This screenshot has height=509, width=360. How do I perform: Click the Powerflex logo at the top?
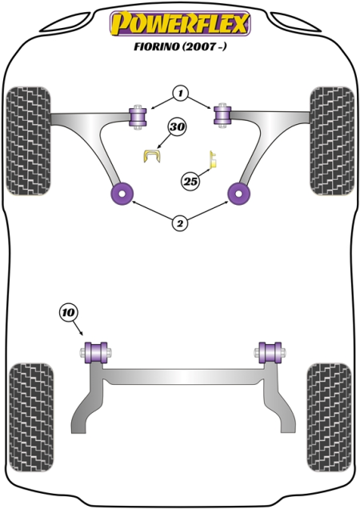tap(180, 23)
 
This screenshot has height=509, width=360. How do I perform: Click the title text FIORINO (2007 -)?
tap(180, 46)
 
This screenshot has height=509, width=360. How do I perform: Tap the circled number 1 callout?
tap(181, 94)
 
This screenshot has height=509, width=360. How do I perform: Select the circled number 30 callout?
tap(177, 127)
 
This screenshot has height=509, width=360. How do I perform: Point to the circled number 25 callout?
tap(190, 181)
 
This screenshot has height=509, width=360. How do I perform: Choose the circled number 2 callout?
tap(180, 223)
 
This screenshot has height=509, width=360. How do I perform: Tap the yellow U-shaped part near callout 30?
tap(152, 155)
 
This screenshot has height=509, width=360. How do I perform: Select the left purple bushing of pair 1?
tap(138, 117)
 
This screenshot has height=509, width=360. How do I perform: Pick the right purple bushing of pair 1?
tap(222, 115)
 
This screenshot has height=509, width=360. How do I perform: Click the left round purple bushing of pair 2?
tap(122, 194)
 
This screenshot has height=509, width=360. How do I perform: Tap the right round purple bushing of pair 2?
tap(239, 194)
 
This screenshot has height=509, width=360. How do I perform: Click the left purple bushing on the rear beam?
tap(95, 352)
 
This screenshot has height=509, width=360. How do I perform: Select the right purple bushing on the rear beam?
tap(270, 352)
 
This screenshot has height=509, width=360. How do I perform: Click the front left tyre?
tap(29, 141)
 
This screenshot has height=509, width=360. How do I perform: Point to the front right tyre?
tap(332, 141)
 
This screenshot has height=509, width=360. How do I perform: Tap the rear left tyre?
tap(31, 418)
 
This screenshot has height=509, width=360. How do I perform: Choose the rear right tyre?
tap(329, 418)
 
